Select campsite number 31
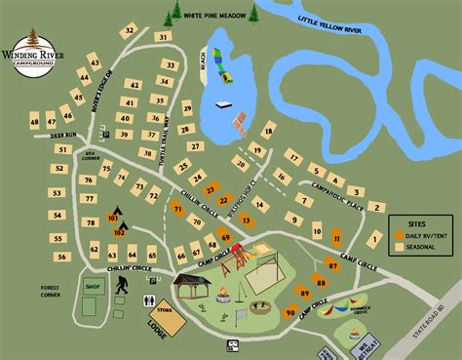click(x=162, y=37)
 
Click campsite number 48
click(x=35, y=122)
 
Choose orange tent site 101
click(x=111, y=218)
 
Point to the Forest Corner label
click(x=51, y=293)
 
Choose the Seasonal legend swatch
click(x=398, y=247)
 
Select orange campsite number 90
click(x=289, y=312)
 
